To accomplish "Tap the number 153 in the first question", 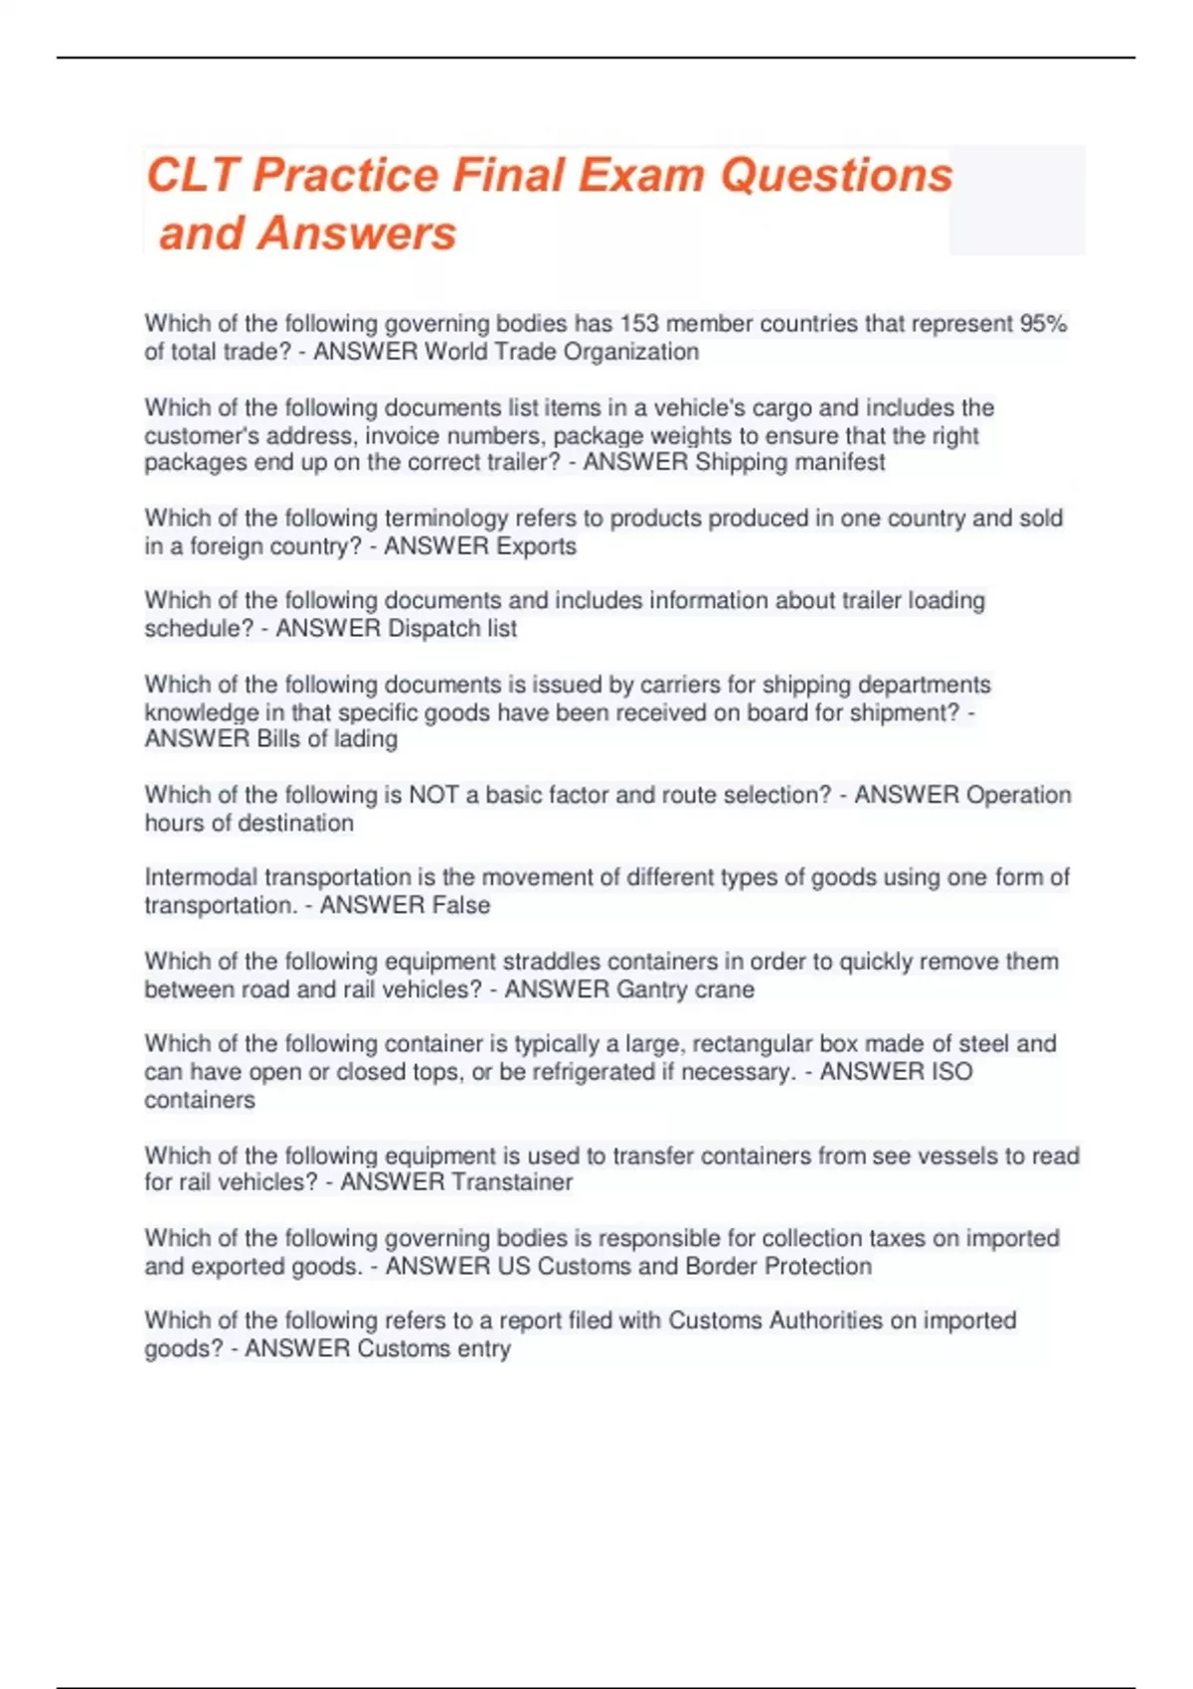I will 639,324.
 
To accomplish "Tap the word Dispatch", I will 432,629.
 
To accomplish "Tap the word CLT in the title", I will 192,176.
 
